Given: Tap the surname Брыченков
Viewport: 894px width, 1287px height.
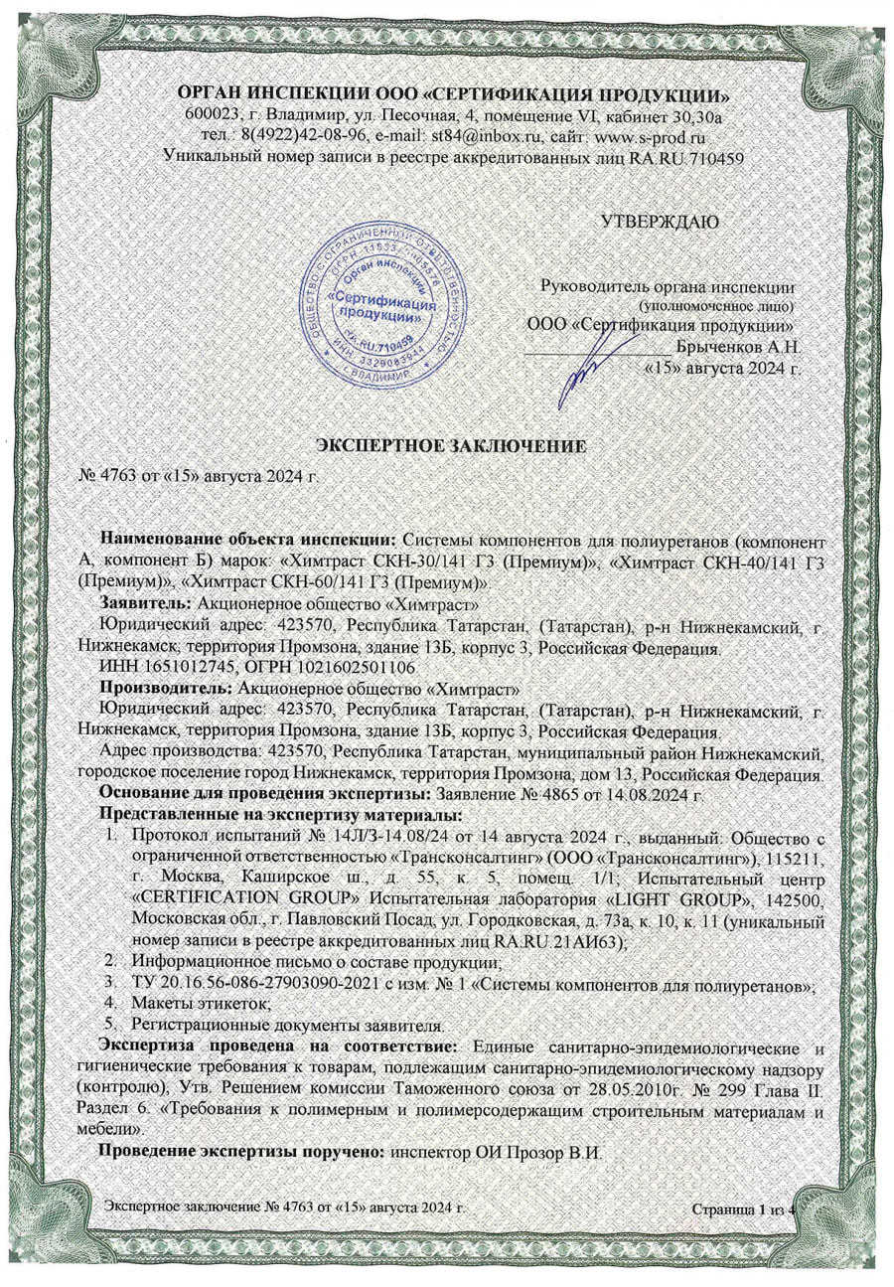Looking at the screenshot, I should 721,347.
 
